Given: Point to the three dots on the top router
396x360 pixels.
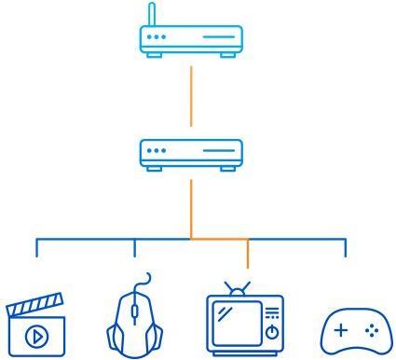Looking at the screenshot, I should click(x=157, y=37).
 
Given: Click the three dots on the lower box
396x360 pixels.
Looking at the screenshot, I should click(x=157, y=150).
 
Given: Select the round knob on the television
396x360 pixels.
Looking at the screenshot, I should click(x=272, y=331).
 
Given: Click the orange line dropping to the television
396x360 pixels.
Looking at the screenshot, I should click(x=248, y=254).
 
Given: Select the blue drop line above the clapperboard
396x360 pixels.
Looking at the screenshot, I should click(x=36, y=247).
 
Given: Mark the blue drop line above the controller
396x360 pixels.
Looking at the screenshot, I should click(x=346, y=247).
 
